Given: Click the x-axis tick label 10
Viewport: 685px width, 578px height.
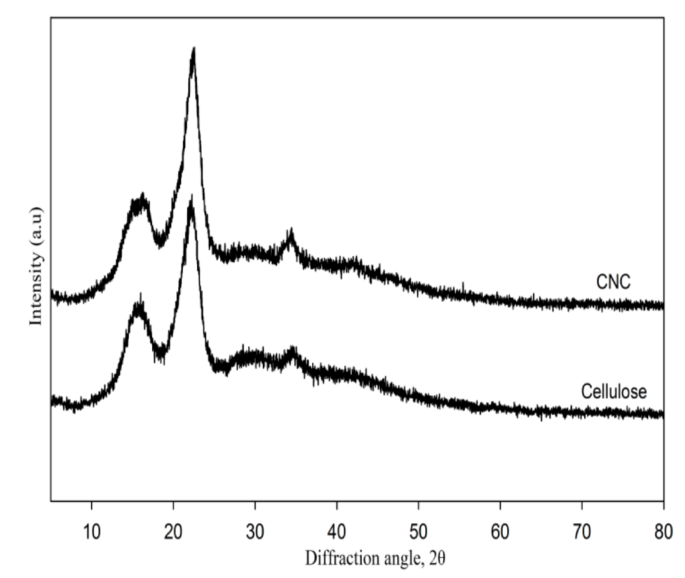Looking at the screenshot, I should tap(92, 532).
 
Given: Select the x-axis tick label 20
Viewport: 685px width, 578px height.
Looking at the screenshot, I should tap(173, 532).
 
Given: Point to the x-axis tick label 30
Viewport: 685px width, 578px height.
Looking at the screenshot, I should tap(255, 532).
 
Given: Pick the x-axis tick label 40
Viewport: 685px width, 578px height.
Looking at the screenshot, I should tap(337, 532).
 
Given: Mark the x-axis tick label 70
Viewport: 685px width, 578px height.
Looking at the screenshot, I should tap(582, 532).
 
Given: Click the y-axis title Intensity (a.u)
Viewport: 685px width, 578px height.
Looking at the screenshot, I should tap(36, 266).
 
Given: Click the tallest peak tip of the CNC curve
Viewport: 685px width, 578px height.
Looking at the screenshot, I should tap(194, 49).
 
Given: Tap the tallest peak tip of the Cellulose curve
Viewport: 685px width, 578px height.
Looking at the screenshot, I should tap(191, 197).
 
